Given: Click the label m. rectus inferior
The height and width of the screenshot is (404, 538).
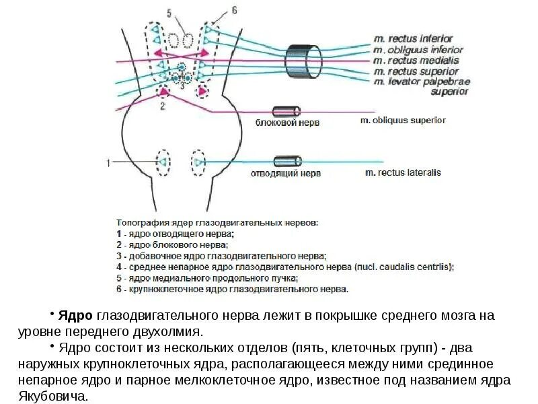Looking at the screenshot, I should [413, 39].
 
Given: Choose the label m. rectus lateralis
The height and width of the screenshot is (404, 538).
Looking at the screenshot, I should [402, 172].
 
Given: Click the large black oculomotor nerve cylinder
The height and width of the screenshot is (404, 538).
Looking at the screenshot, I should [296, 61].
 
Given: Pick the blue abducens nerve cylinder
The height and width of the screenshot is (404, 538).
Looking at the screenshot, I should [288, 161].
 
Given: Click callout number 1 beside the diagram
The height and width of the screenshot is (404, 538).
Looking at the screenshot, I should [108, 162].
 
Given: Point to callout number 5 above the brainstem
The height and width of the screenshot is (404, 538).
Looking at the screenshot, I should [169, 12].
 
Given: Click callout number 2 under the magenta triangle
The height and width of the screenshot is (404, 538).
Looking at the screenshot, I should [163, 106].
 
